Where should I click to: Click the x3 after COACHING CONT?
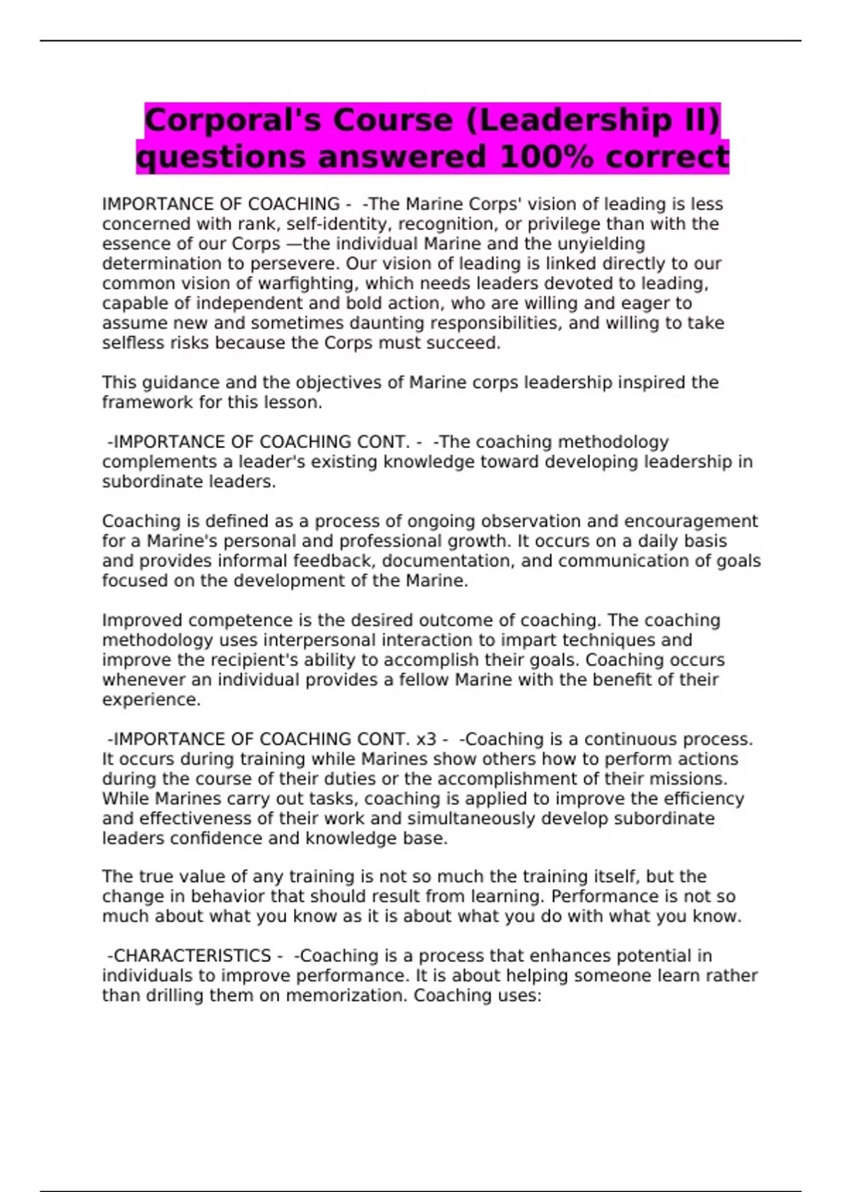426,740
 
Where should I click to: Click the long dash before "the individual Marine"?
292,244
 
